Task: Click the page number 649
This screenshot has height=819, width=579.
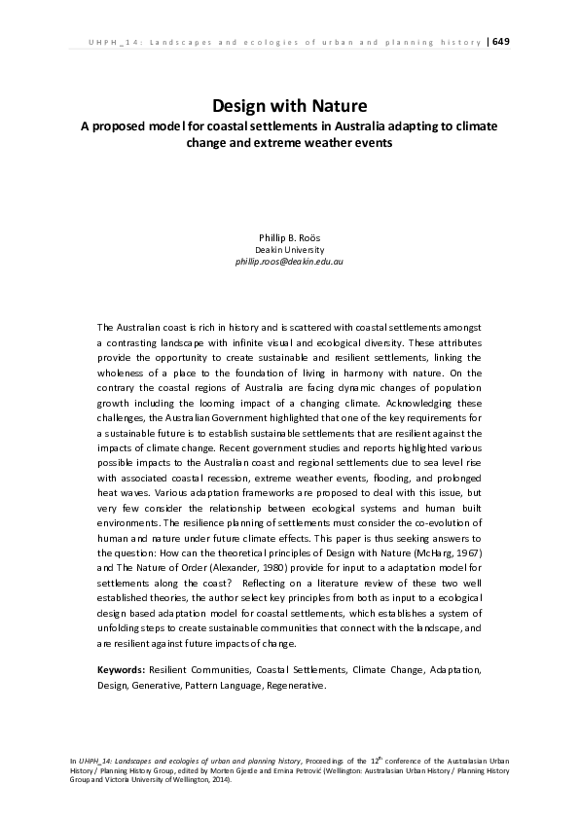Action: [x=502, y=41]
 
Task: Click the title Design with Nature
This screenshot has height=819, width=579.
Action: [x=289, y=105]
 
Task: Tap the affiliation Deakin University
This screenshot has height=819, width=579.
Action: [x=289, y=250]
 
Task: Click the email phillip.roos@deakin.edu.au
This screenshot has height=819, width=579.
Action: [x=289, y=263]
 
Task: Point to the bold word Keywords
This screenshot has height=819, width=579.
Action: [x=122, y=670]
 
